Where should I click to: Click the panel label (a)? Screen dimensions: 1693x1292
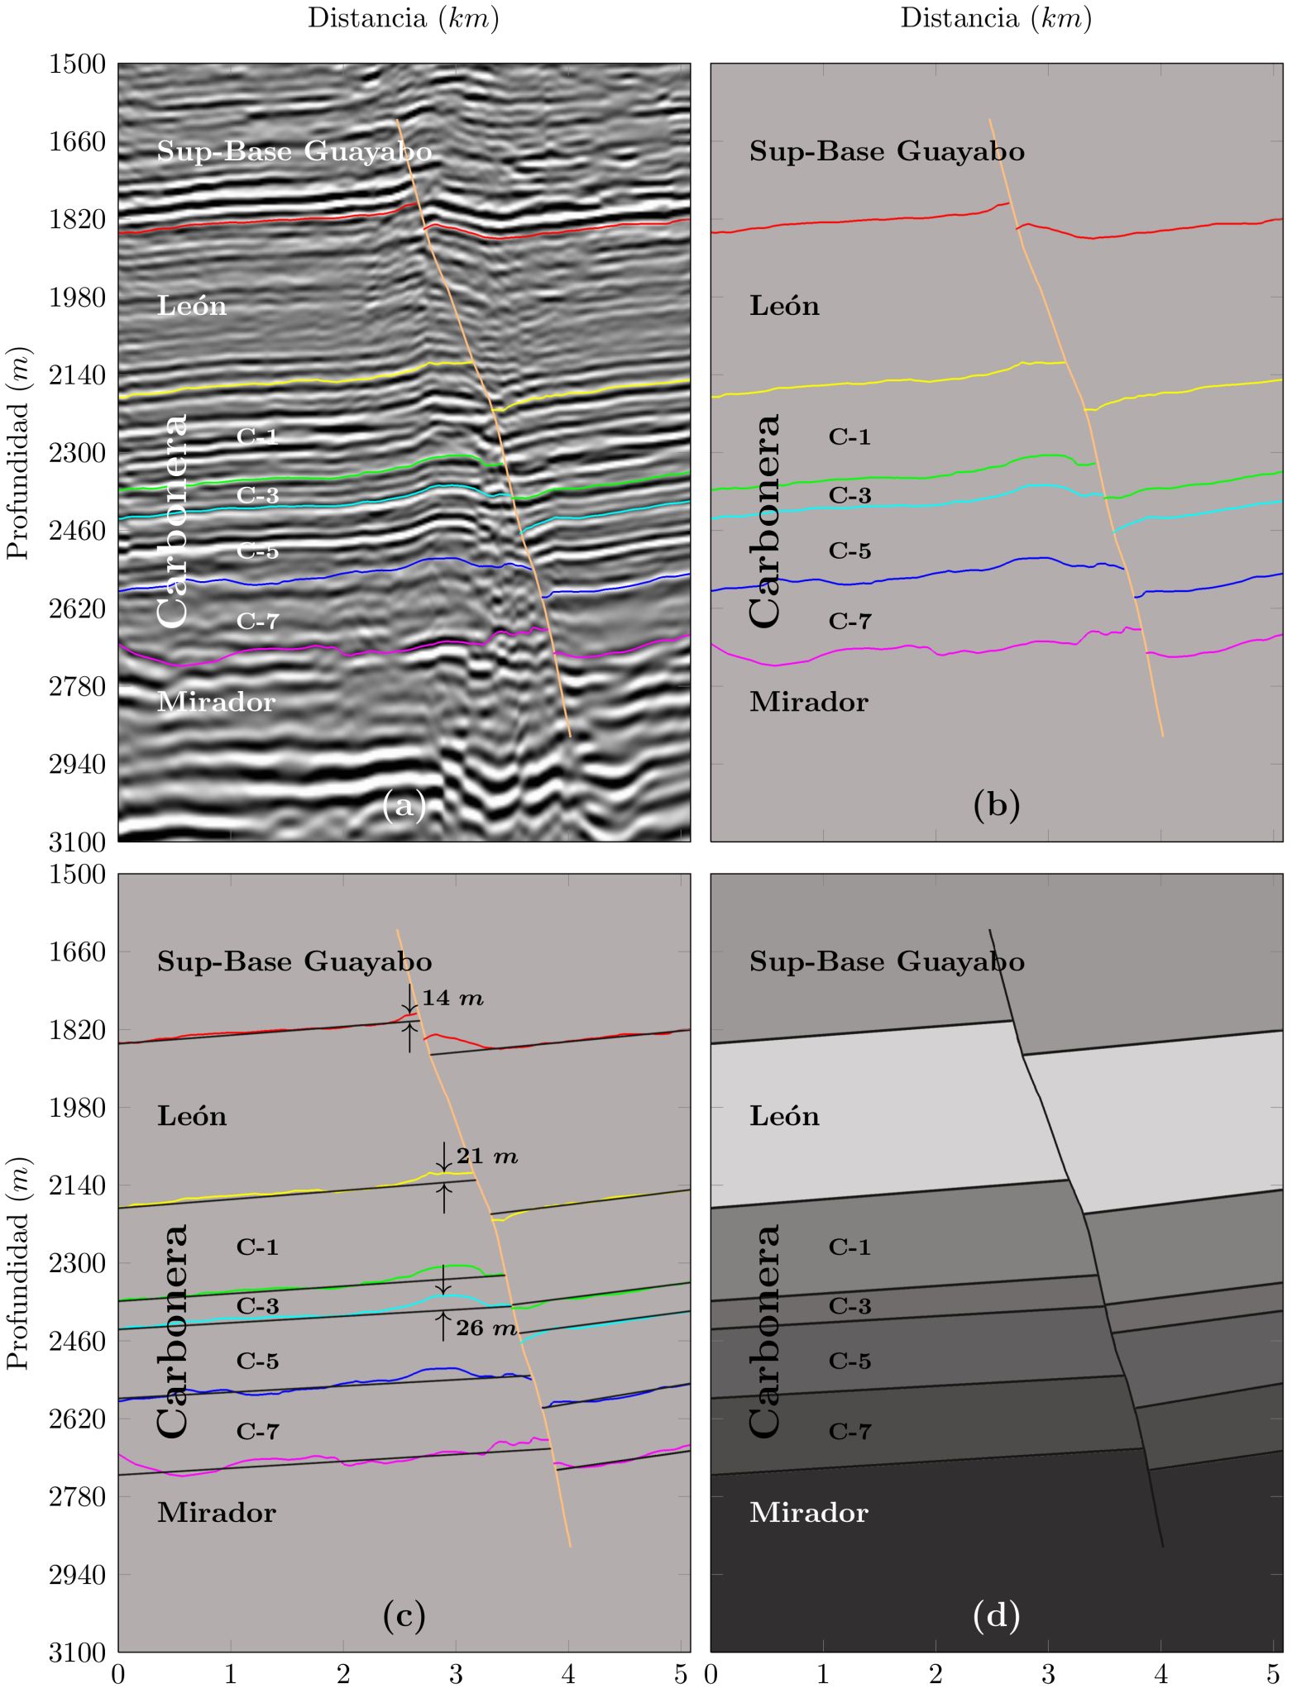coord(404,804)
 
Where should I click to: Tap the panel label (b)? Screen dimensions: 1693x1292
coord(996,804)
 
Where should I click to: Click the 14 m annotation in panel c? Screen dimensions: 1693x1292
coord(452,999)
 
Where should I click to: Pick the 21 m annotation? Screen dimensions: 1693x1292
coord(487,1156)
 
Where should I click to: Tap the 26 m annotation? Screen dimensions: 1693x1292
coord(486,1328)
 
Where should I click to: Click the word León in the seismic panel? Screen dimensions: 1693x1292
coord(192,307)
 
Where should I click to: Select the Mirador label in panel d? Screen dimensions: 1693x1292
coord(808,1513)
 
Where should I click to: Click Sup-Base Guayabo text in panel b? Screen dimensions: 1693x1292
coord(887,152)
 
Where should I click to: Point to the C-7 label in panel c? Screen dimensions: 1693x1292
coord(257,1432)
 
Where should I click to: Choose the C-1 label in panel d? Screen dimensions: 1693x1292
coord(849,1247)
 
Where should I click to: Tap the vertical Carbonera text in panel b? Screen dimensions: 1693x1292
coord(764,521)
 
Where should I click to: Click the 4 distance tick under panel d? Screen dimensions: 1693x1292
coord(1160,1675)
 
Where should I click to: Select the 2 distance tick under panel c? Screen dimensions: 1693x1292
coord(343,1675)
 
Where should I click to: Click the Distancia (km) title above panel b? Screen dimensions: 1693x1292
coord(996,18)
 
